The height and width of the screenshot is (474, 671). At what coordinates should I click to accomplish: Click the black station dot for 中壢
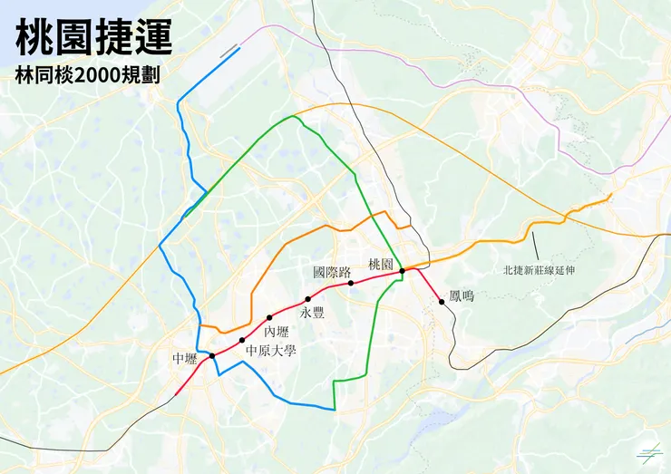pyautogui.click(x=212, y=355)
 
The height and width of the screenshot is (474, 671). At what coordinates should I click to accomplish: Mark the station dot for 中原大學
pyautogui.click(x=242, y=339)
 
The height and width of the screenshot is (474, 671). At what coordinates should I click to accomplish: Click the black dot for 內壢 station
pyautogui.click(x=269, y=317)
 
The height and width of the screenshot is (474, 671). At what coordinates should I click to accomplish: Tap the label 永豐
pyautogui.click(x=312, y=313)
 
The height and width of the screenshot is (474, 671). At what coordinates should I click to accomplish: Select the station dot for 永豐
pyautogui.click(x=308, y=298)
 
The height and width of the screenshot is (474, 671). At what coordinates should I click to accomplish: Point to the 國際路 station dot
pyautogui.click(x=351, y=284)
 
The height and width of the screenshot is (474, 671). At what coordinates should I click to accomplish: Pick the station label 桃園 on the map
pyautogui.click(x=381, y=264)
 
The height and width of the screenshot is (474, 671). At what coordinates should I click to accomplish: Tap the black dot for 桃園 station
pyautogui.click(x=402, y=270)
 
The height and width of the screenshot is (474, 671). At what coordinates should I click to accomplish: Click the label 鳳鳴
pyautogui.click(x=462, y=295)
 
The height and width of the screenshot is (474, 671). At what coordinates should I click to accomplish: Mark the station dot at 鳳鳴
pyautogui.click(x=442, y=302)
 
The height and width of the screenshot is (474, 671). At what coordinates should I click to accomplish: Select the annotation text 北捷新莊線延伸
pyautogui.click(x=540, y=269)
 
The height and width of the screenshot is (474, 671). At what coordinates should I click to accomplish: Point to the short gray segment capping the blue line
pyautogui.click(x=230, y=51)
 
